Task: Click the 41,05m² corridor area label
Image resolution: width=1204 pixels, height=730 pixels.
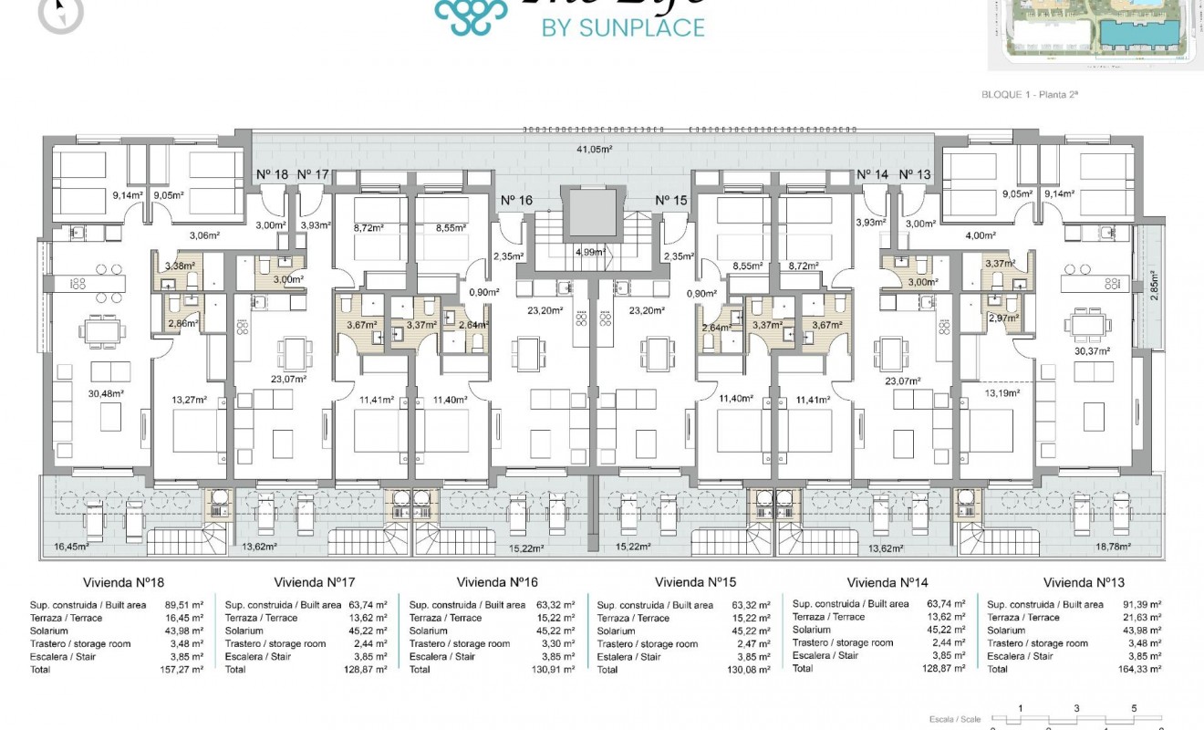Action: [593, 149]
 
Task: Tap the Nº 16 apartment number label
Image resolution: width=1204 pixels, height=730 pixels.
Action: [517, 201]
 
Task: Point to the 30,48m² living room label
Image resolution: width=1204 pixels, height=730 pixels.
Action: [105, 394]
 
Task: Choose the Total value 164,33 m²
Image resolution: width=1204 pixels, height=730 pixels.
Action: [1140, 670]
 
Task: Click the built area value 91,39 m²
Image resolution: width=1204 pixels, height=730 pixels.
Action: [1140, 605]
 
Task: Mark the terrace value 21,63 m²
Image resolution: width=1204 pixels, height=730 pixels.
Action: [1140, 618]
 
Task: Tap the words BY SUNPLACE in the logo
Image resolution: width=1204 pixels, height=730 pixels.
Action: [623, 27]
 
